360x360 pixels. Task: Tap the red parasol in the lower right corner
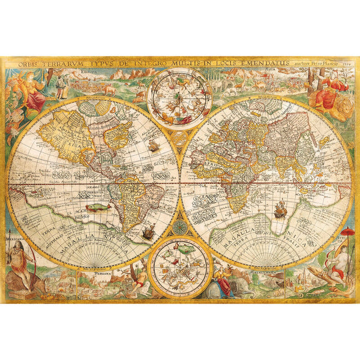[347, 232]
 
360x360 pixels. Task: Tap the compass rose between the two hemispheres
[180, 227]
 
